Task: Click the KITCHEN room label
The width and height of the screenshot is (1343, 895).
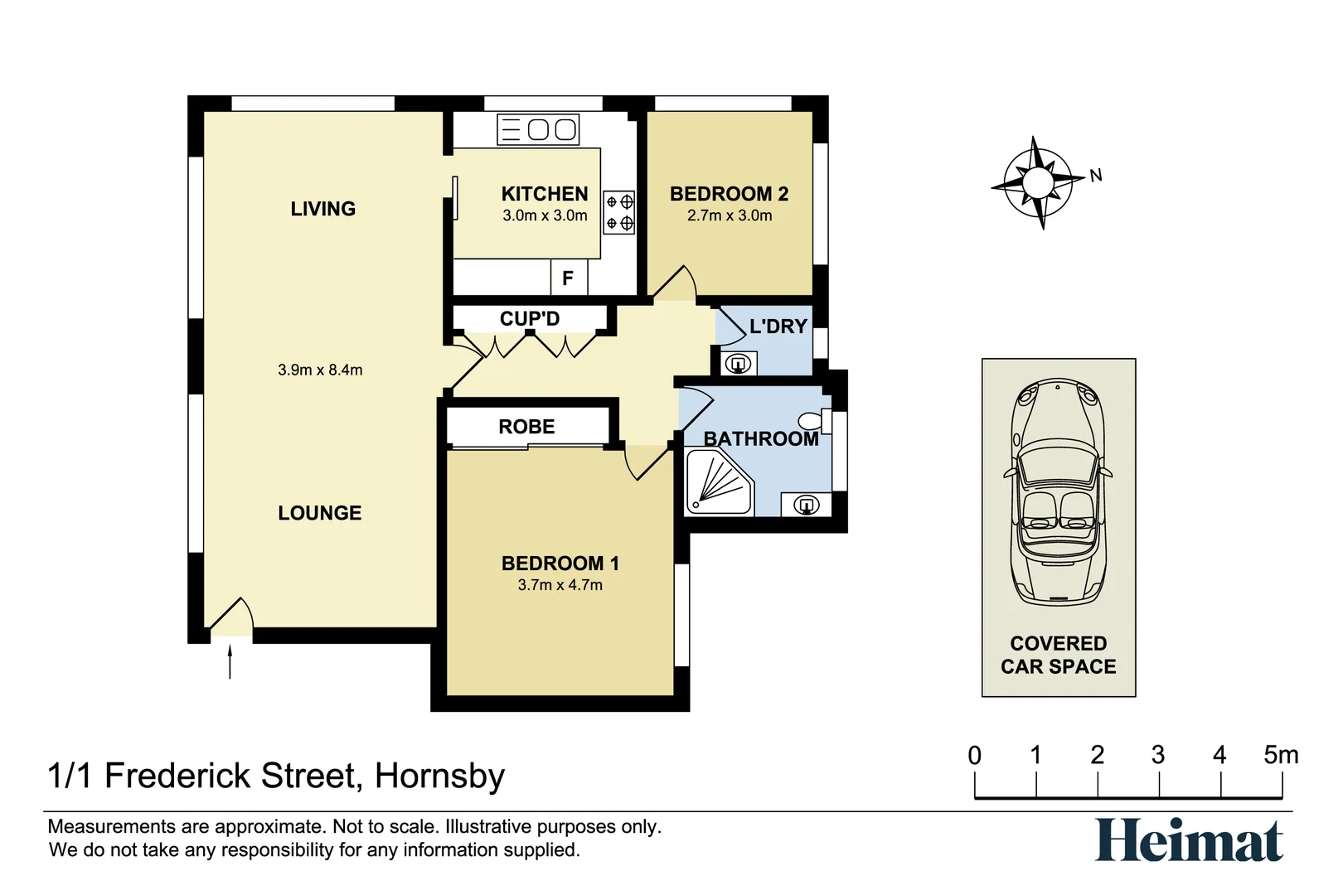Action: coord(545,194)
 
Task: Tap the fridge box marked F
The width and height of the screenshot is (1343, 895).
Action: coord(568,278)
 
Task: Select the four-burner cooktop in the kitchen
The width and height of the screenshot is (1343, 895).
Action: coord(618,212)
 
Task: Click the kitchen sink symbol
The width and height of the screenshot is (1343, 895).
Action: coord(538,129)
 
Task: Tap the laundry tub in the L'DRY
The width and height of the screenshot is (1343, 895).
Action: coord(738,363)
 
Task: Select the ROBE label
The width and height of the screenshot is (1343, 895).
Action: coord(526,427)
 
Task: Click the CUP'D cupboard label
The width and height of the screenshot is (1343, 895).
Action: coord(530,319)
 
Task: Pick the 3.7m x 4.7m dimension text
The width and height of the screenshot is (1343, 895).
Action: coord(560,585)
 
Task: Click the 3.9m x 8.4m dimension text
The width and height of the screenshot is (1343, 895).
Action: coord(320,370)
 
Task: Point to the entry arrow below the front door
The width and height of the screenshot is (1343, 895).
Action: coord(230,662)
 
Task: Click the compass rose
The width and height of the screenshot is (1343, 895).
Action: coord(1037,182)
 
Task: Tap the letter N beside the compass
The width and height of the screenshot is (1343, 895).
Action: coord(1096,176)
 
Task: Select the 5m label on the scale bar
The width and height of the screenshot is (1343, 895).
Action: coord(1280,755)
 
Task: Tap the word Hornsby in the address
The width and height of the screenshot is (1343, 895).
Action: coord(439,776)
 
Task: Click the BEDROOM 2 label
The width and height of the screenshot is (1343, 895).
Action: coord(729,194)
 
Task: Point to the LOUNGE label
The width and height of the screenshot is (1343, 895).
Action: coord(320,513)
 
